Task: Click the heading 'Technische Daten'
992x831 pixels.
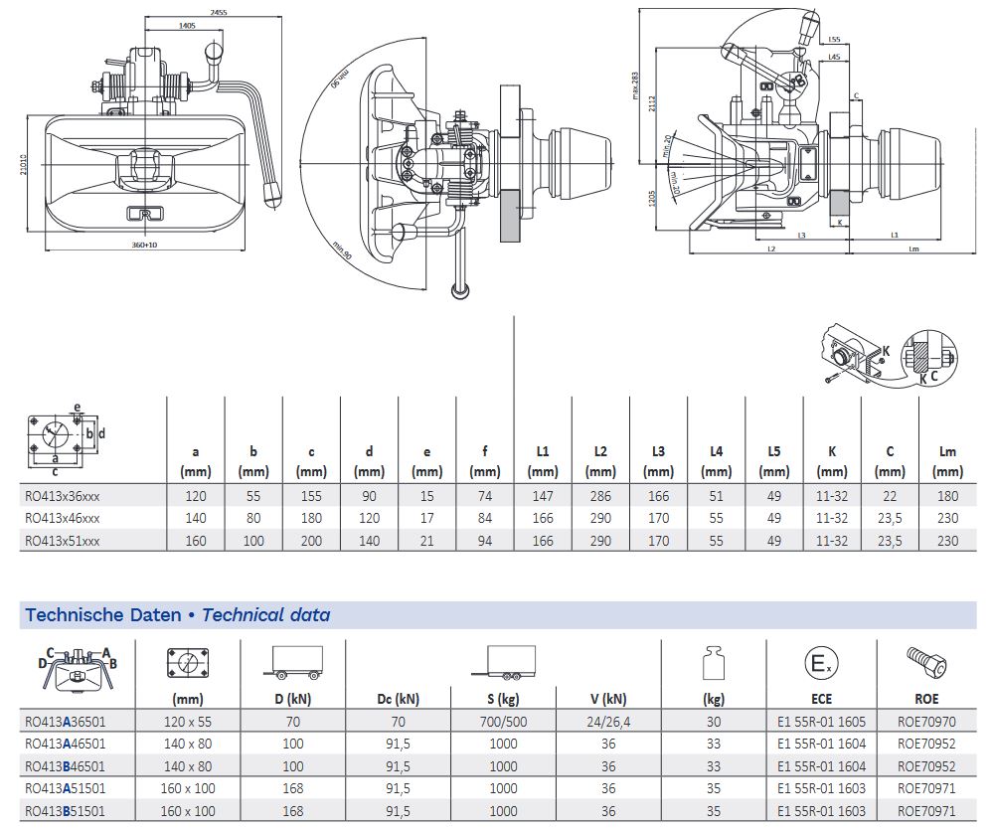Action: [x=102, y=615]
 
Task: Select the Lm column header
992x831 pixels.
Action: [x=947, y=461]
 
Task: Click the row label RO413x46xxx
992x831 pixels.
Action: [x=63, y=518]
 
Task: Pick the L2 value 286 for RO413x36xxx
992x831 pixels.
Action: [x=600, y=494]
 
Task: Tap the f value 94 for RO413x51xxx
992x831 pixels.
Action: [x=485, y=541]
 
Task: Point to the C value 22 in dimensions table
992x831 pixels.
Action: [x=890, y=494]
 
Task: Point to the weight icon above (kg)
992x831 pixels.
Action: [x=713, y=663]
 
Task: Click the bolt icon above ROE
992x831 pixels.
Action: [x=925, y=661]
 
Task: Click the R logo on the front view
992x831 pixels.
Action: [x=144, y=213]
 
